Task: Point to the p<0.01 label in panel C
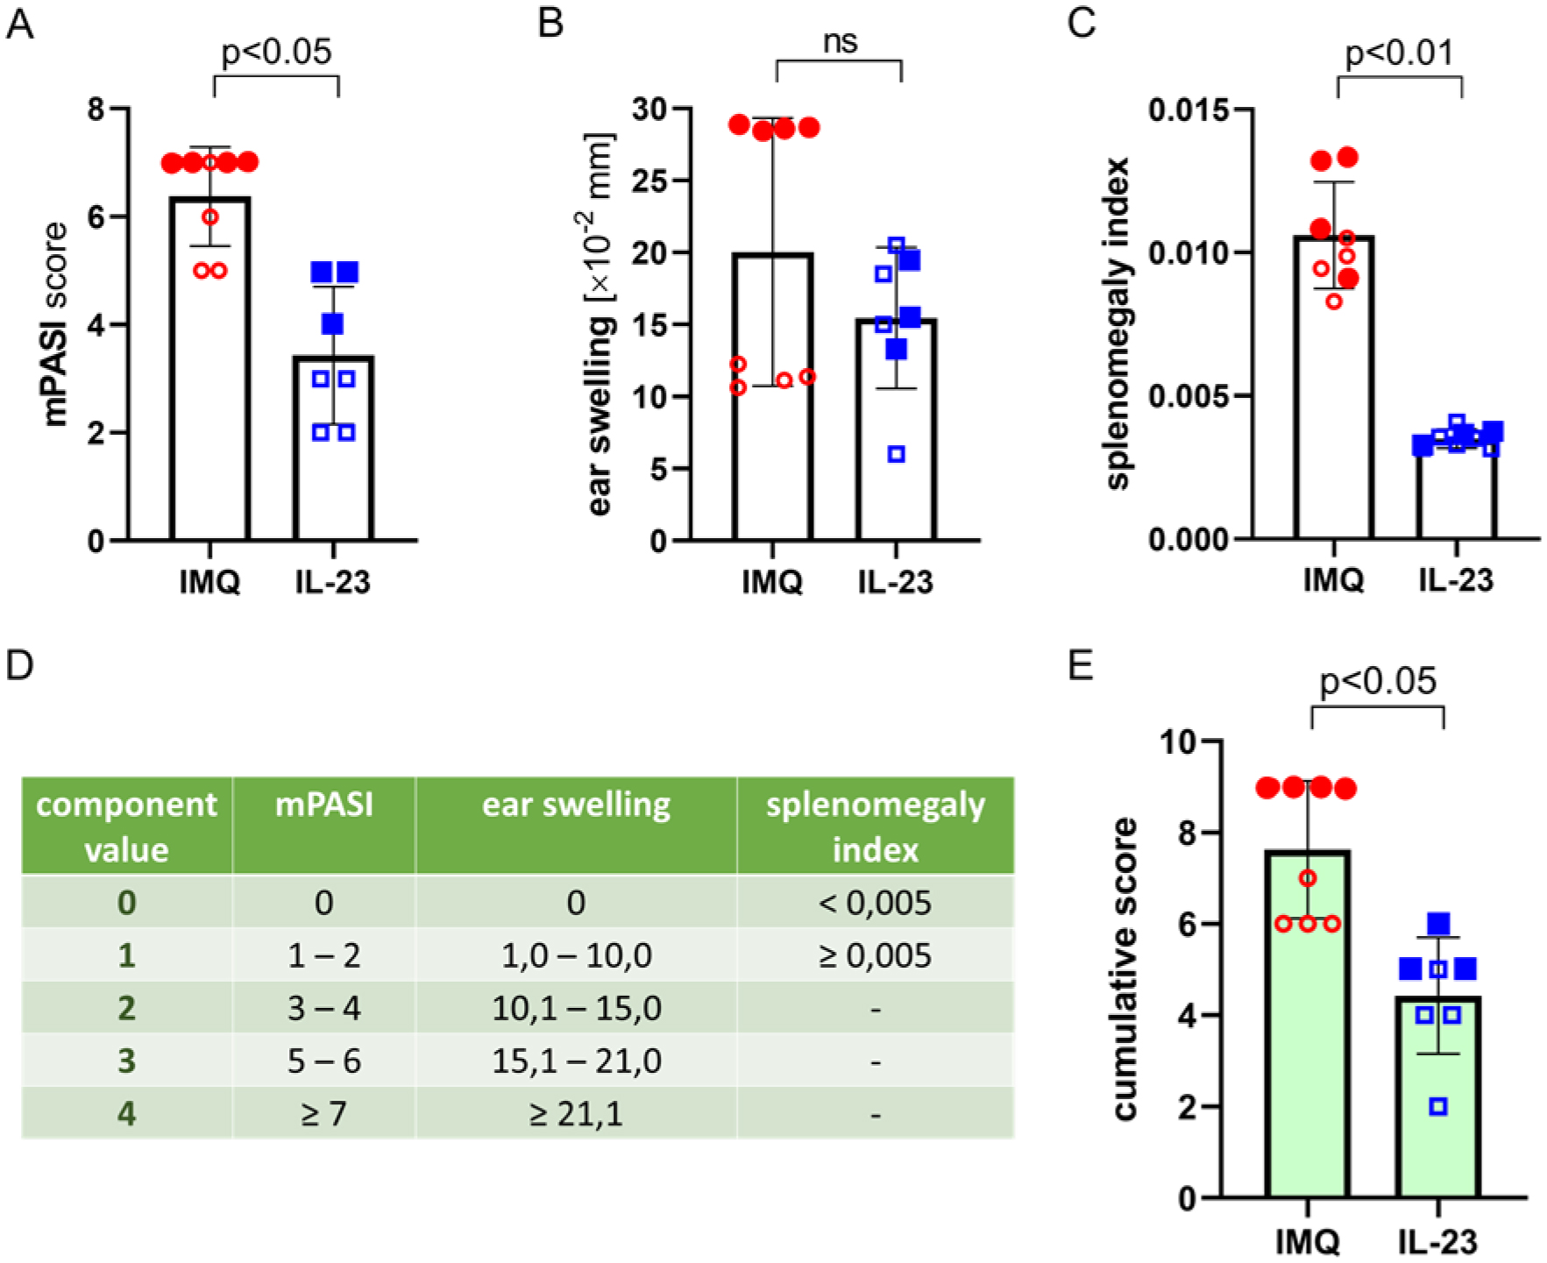[x=1399, y=53]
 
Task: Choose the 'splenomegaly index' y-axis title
[x=1119, y=324]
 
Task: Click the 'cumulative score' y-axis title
[x=1125, y=969]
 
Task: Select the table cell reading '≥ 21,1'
[x=575, y=1114]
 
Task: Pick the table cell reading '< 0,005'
[x=875, y=902]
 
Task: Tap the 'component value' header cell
[x=126, y=827]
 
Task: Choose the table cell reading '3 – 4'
[x=323, y=1008]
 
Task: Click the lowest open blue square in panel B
[x=896, y=454]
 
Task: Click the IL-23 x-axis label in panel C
[x=1455, y=580]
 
